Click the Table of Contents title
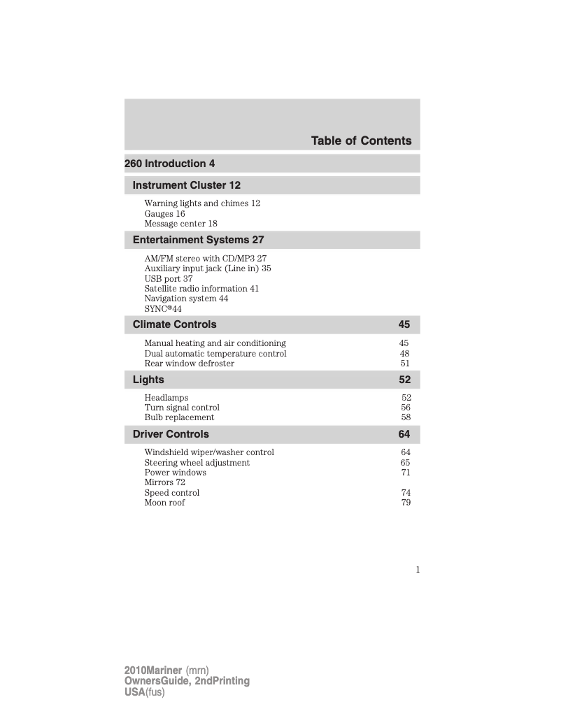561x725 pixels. pos(361,141)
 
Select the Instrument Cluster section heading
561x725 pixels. pos(186,185)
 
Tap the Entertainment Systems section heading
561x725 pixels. pos(198,240)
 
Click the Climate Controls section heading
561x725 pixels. pos(174,324)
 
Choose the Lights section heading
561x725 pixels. pos(148,380)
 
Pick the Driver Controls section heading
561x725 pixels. pos(171,434)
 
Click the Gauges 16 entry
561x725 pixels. pos(164,214)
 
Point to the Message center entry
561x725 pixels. pos(180,224)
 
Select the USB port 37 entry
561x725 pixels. pos(168,279)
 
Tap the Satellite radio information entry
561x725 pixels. pos(201,289)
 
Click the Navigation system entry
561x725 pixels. pos(186,299)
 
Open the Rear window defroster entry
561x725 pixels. pos(189,364)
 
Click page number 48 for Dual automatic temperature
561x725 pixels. pos(404,354)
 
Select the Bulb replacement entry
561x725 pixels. pos(179,417)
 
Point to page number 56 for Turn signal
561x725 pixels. pos(406,408)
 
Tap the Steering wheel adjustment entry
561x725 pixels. pos(197,463)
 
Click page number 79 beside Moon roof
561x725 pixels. pos(406,503)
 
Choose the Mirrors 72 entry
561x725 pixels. pos(164,482)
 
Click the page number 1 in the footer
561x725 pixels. pos(418,570)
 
